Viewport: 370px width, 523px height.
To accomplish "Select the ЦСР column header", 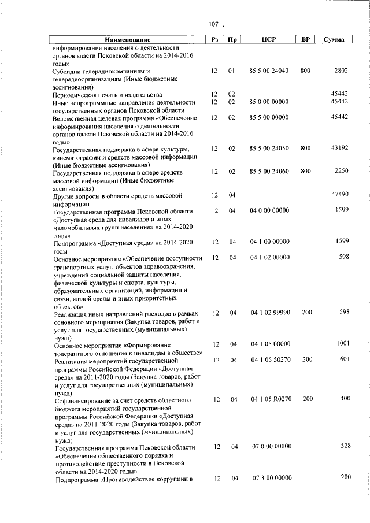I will tap(269, 39).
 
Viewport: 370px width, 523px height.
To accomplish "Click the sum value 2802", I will tap(341, 71).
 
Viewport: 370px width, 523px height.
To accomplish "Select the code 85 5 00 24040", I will tap(269, 71).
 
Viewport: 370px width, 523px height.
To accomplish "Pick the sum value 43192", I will tap(339, 149).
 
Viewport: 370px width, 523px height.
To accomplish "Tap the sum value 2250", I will tap(341, 171).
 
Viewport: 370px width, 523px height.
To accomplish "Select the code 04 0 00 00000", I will tap(269, 211).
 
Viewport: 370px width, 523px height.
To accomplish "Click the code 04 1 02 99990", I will tap(269, 313).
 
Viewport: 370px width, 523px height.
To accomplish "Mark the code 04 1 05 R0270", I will tap(269, 399).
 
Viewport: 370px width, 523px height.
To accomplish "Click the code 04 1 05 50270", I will tap(269, 360).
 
